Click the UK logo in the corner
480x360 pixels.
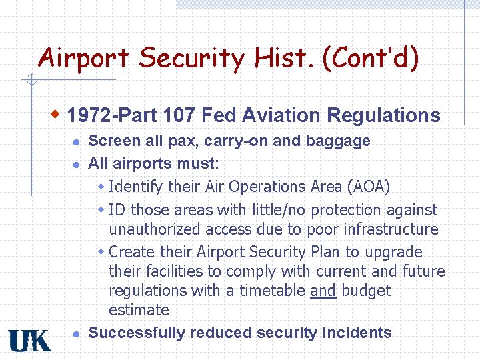[29, 340]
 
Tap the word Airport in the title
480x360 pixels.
[85, 58]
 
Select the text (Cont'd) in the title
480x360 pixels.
[371, 58]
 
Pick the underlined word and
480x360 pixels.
[323, 291]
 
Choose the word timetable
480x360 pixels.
[273, 291]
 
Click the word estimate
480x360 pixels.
[139, 310]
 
